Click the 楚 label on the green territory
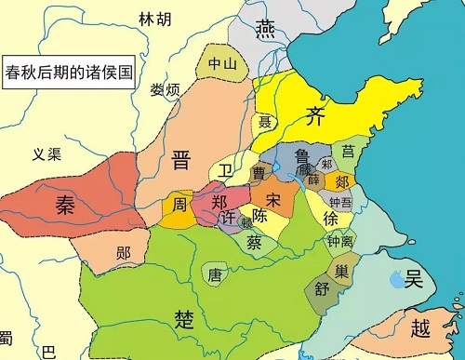pyautogui.click(x=184, y=319)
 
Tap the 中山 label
pyautogui.click(x=219, y=64)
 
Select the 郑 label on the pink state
pyautogui.click(x=219, y=202)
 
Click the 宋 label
pyautogui.click(x=273, y=200)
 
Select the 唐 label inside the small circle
pyautogui.click(x=215, y=274)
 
